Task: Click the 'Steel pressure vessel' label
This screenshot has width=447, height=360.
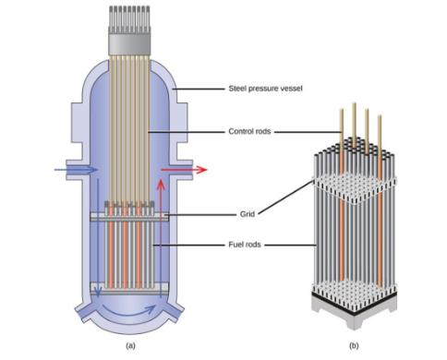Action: [265, 89]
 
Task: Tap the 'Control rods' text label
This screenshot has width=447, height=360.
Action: [249, 131]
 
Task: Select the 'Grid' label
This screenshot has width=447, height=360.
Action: [248, 214]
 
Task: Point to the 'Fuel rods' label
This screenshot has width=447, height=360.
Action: [245, 245]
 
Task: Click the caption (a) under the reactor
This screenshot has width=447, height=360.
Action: [130, 345]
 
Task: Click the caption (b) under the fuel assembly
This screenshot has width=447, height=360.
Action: [354, 345]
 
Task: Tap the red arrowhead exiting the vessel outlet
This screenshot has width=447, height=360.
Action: [201, 170]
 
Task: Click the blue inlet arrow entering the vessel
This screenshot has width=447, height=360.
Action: [76, 170]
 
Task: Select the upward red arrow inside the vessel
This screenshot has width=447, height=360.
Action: [161, 238]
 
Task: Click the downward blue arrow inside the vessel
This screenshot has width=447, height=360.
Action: [98, 237]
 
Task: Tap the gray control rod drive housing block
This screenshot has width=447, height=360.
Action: [129, 44]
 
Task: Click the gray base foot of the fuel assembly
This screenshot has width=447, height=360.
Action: [354, 314]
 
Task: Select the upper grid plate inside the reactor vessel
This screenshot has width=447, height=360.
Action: [129, 217]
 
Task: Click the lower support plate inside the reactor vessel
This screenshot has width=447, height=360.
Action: [129, 289]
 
